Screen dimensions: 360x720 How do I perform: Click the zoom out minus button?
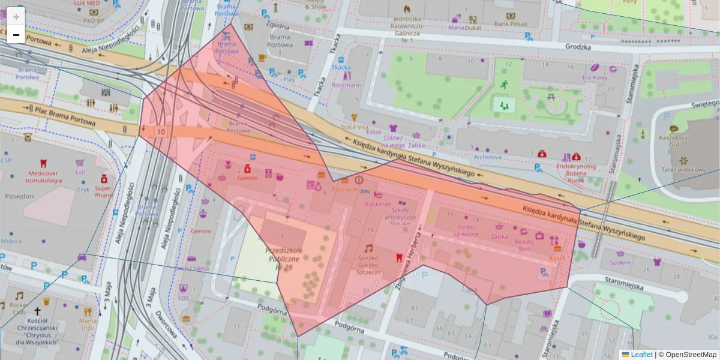16,35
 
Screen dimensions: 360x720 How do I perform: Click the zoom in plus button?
16,16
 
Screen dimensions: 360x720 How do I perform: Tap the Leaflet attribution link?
641,355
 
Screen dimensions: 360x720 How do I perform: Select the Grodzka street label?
578,47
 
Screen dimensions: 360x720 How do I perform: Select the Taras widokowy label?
683,170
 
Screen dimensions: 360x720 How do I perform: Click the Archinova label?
487,157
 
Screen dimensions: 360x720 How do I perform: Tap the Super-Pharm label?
104,191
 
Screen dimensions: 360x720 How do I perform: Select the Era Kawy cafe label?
595,77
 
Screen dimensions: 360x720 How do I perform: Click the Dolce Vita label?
354,127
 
